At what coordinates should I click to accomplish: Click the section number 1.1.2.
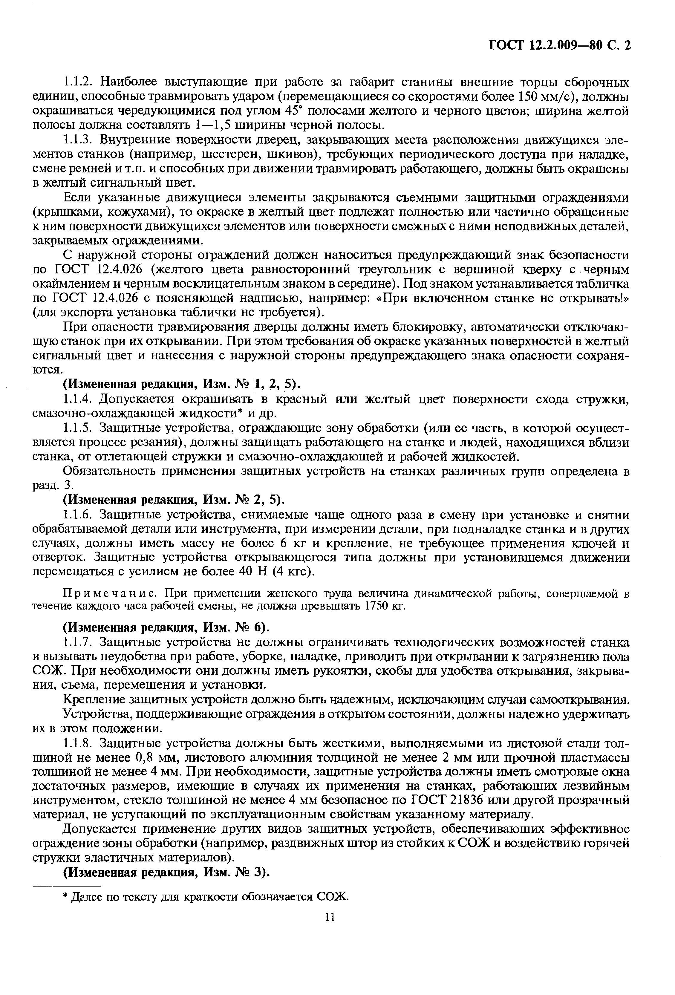coord(79,82)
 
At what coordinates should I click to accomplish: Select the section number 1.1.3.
coord(79,140)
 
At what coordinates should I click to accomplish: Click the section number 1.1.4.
coord(79,399)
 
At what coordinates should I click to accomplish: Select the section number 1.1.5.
coord(79,428)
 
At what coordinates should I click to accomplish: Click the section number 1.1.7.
coord(79,643)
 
